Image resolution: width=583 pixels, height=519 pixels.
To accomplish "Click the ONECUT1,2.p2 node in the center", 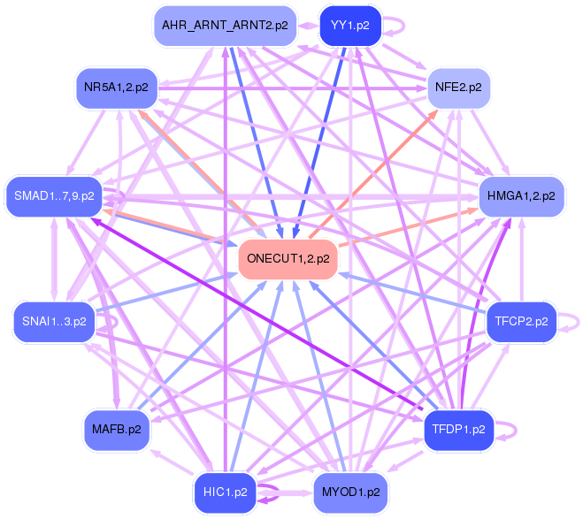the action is click(288, 259).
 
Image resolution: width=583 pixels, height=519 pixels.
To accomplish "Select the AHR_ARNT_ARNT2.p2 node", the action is click(225, 26).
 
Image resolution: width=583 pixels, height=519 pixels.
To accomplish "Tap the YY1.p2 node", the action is click(350, 26).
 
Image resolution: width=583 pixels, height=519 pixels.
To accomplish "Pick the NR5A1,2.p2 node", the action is click(117, 88).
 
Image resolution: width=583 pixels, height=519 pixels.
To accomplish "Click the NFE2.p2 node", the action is click(458, 88).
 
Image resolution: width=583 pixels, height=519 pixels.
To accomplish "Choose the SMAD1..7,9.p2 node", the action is click(54, 196).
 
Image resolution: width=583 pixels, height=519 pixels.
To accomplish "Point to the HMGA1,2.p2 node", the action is click(521, 196).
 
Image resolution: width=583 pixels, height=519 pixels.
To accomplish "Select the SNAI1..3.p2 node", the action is click(54, 322).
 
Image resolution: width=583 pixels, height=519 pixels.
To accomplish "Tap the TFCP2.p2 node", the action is click(521, 322).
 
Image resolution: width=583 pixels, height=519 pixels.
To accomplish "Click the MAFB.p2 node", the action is click(117, 430).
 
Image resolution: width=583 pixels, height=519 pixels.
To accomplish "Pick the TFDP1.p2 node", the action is click(458, 430).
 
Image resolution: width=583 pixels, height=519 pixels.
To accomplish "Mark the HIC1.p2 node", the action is click(225, 492).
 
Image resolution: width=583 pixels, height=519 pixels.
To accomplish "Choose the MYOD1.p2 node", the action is click(350, 492).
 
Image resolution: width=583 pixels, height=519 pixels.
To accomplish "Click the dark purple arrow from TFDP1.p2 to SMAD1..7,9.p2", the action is click(257, 314).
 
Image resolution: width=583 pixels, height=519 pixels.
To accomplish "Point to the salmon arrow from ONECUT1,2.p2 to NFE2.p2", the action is click(373, 174).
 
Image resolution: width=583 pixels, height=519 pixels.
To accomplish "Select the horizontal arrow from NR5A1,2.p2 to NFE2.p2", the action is click(292, 88).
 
